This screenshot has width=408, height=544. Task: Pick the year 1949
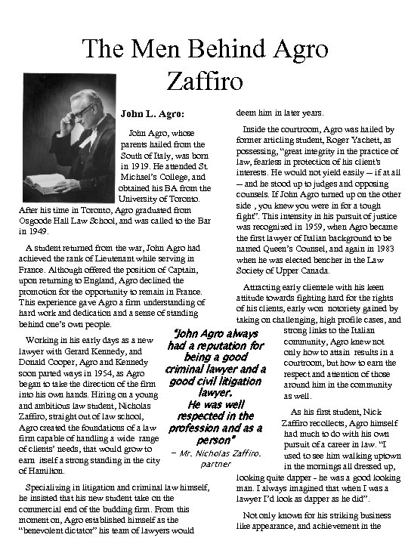point(20,233)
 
